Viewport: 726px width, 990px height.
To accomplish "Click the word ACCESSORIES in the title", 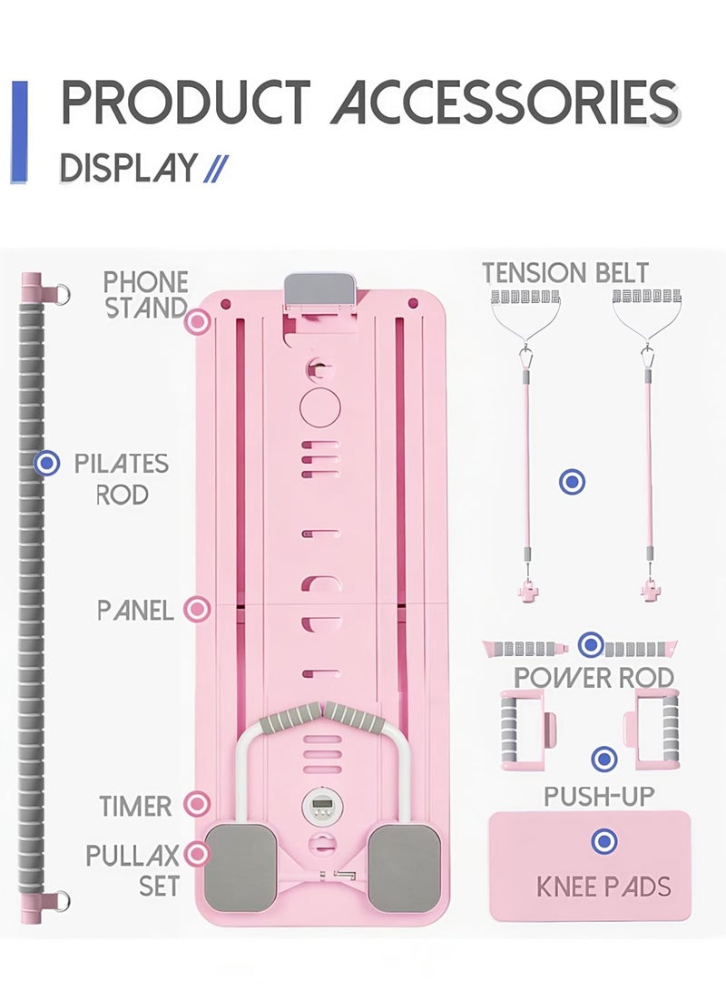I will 505,103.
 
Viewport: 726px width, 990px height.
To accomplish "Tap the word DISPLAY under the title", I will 128,169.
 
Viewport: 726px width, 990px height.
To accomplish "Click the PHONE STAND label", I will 145,295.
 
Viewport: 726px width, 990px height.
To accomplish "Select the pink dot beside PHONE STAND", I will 197,321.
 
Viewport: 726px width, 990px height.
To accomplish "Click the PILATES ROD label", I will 122,479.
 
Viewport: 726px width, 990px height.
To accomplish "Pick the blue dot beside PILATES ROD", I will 46,464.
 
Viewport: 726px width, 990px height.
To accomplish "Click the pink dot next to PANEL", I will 197,610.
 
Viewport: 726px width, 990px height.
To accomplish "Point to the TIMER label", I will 136,805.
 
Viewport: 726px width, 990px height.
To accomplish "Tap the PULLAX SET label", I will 133,869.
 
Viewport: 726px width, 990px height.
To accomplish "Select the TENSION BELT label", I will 565,273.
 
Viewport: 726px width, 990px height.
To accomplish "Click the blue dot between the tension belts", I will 571,481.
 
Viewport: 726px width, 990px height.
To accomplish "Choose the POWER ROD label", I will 594,677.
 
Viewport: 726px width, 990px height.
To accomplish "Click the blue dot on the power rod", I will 591,646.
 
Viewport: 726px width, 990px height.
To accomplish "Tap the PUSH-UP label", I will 599,797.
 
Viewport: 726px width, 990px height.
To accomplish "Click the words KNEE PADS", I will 603,886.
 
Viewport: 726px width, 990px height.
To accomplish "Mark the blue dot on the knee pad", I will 603,841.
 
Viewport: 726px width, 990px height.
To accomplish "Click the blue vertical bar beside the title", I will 19,132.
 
